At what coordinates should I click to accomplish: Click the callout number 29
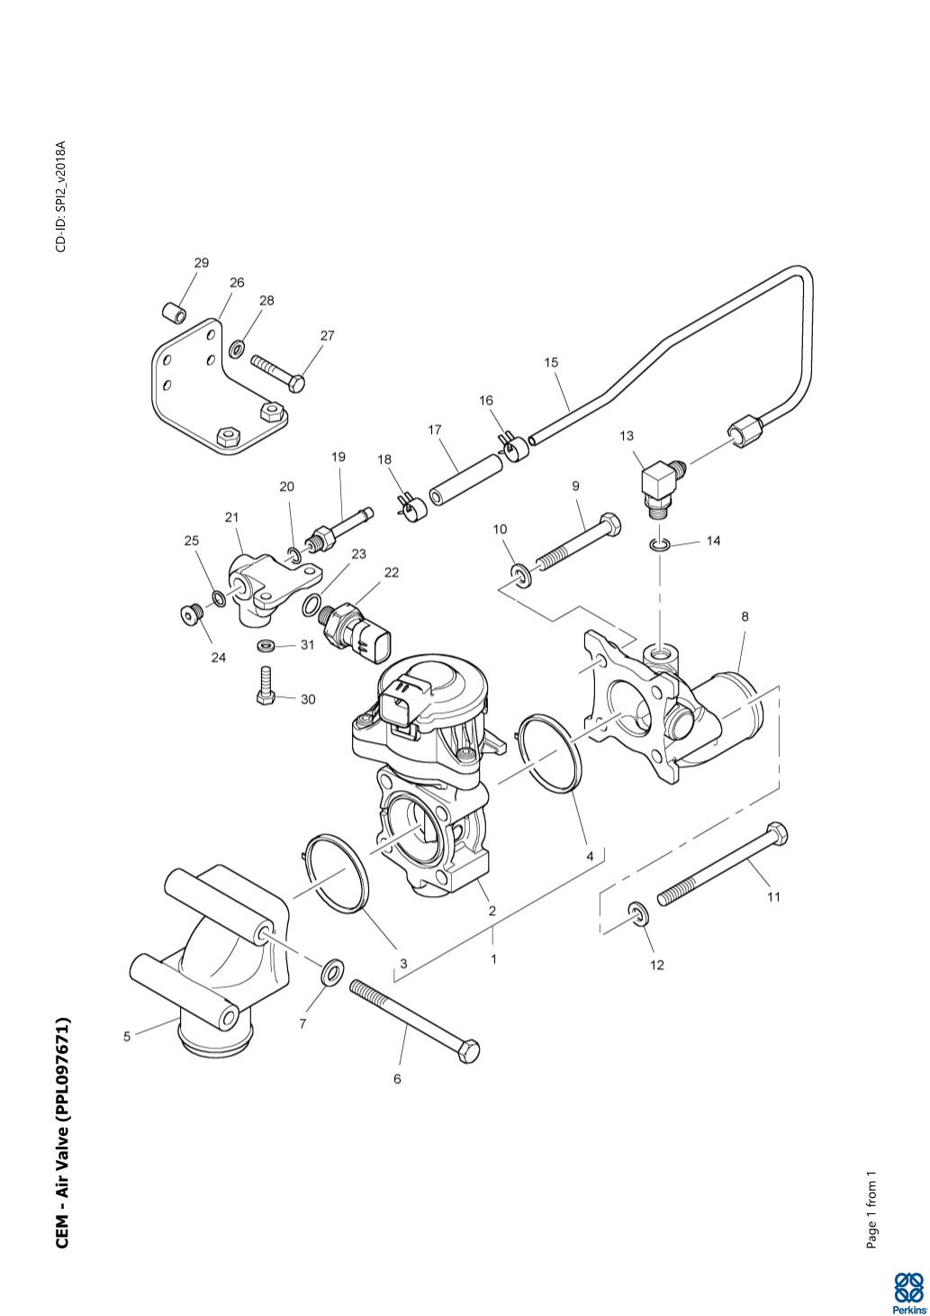tap(201, 263)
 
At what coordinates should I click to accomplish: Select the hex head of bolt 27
tap(294, 383)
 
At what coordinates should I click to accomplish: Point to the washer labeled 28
tap(238, 347)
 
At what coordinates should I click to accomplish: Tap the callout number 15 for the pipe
tap(551, 362)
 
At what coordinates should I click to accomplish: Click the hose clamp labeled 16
tap(511, 445)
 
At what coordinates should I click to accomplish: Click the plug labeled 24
tap(189, 614)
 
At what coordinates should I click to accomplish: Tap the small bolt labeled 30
tap(265, 687)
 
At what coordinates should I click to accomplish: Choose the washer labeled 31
tap(266, 646)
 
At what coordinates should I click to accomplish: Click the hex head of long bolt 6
tap(468, 1050)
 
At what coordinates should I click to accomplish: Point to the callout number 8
tap(745, 617)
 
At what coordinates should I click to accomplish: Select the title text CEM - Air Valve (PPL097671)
tap(63, 1133)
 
